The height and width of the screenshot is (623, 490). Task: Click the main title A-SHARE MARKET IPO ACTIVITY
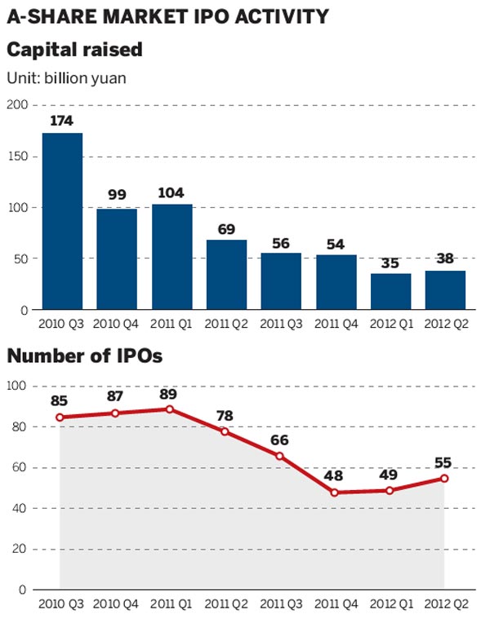click(168, 15)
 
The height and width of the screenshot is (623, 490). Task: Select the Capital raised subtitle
click(74, 50)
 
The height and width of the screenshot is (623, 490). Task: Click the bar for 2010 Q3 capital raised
click(62, 221)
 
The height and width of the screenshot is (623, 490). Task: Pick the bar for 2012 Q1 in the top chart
click(391, 292)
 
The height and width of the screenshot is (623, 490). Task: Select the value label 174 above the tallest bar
click(62, 121)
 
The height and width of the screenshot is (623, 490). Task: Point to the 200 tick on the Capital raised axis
click(17, 105)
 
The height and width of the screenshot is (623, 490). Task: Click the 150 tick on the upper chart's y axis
click(17, 157)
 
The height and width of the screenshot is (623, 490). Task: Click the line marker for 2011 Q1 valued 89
click(170, 409)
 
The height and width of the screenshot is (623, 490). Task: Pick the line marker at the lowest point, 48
click(335, 493)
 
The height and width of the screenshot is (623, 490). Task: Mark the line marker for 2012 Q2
click(445, 478)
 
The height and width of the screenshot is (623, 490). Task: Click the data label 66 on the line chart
click(280, 440)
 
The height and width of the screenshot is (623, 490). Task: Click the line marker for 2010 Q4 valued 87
click(115, 413)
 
